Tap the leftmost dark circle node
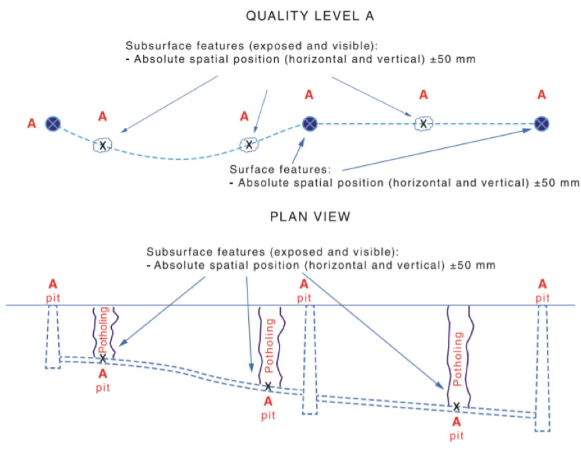pos(53,123)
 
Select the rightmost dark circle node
pos(542,123)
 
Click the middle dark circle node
pos(309,123)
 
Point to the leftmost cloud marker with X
pos(102,144)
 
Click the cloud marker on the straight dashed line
pos(423,123)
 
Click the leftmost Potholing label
pos(102,329)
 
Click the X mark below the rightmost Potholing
pos(457,406)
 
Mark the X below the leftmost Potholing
pos(102,359)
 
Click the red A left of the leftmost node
pos(31,123)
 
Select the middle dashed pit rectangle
pos(309,359)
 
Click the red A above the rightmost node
pos(542,95)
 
